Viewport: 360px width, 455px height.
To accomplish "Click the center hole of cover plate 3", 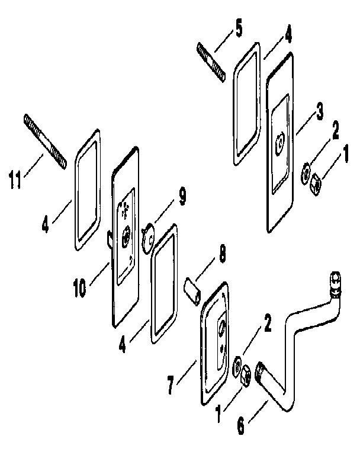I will coord(281,142).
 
